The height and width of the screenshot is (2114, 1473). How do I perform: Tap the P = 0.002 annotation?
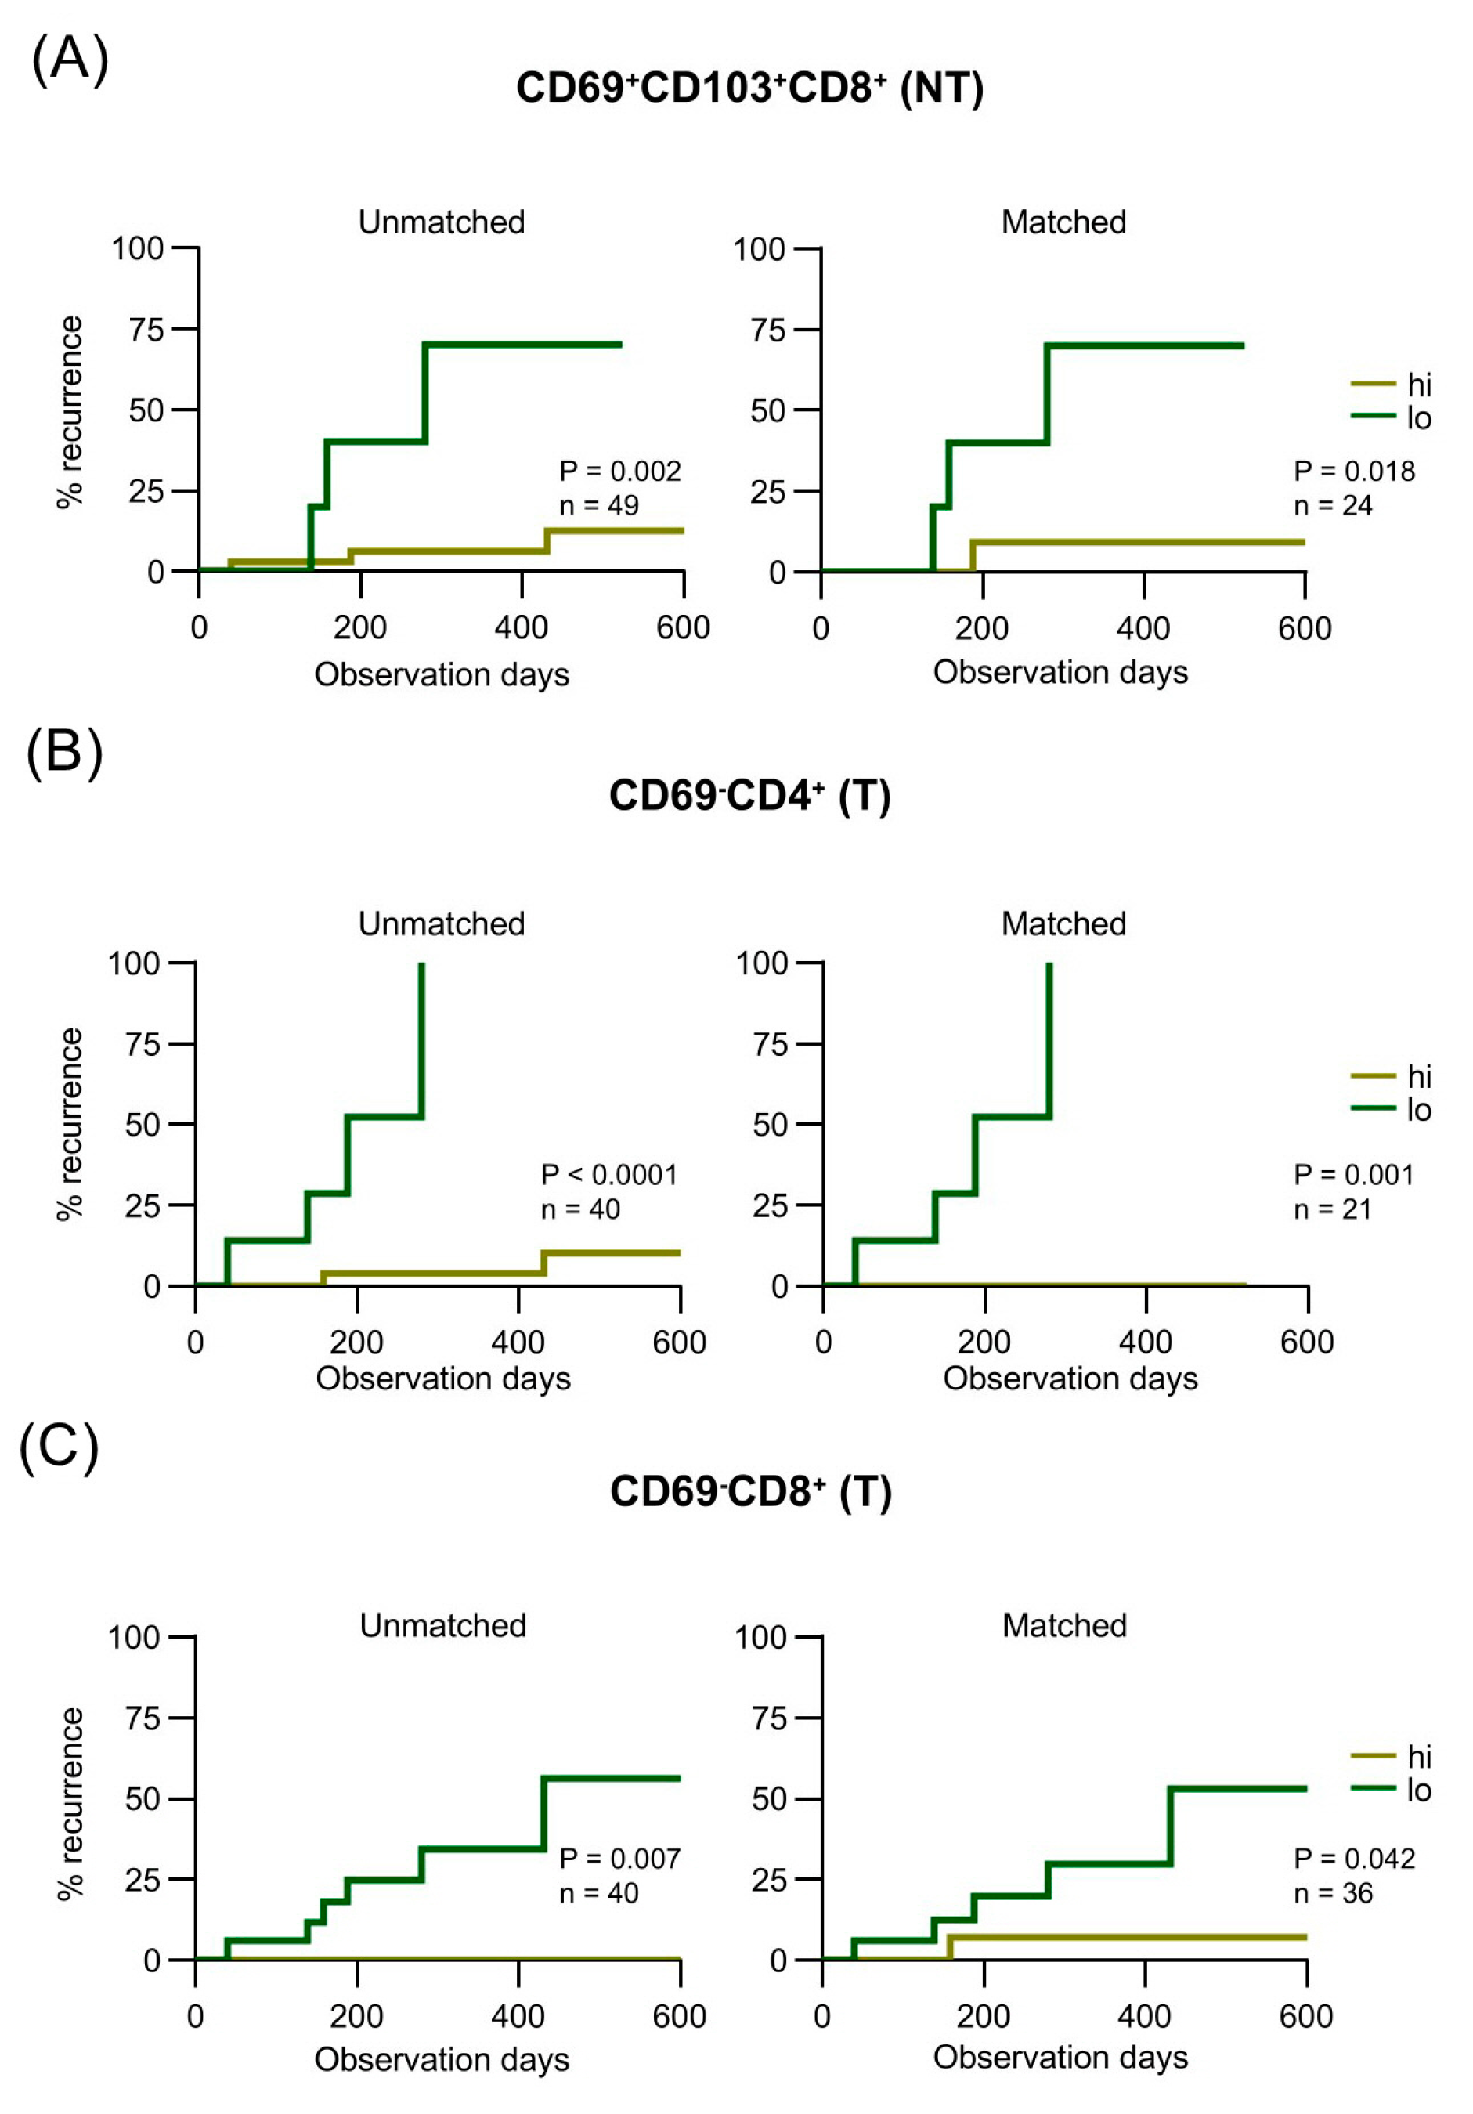pos(619,471)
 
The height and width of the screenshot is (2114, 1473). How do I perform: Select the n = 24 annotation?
pos(1331,505)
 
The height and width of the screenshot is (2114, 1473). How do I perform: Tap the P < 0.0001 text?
pos(608,1174)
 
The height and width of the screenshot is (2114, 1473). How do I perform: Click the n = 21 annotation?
pos(1331,1209)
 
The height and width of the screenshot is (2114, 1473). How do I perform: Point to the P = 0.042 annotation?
pos(1353,1858)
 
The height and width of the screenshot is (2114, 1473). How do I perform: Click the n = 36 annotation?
pos(1332,1893)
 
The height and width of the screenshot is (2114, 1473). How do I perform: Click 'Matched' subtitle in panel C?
pos(1063,1625)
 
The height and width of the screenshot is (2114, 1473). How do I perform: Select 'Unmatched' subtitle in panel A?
pos(441,222)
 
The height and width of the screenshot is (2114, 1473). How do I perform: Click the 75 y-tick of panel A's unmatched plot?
pos(146,330)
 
